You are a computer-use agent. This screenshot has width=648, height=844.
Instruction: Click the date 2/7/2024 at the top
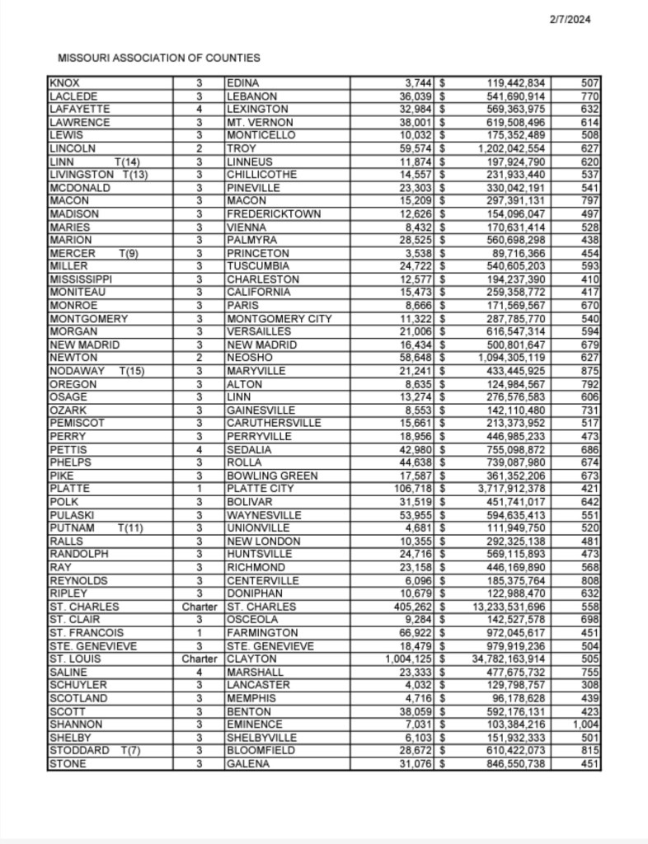[x=571, y=20]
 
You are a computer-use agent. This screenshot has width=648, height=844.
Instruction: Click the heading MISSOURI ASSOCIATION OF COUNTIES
[x=159, y=58]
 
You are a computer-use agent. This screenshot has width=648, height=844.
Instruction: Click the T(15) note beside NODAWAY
[x=133, y=371]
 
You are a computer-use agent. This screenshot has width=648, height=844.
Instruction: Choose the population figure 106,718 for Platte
[x=415, y=489]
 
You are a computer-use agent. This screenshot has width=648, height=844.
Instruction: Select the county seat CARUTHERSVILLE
[x=275, y=424]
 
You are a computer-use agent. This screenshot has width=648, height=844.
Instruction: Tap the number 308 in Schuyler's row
[x=591, y=685]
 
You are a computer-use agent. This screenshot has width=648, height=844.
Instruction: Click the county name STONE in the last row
[x=67, y=764]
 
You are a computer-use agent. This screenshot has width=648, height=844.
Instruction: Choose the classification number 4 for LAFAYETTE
[x=200, y=110]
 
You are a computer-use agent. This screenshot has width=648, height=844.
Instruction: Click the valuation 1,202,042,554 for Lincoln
[x=524, y=148]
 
